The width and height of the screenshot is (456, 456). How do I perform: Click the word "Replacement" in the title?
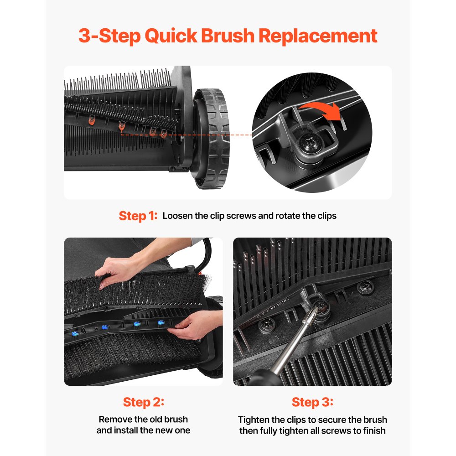coord(318,36)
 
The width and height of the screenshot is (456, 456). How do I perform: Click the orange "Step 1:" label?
coord(138,216)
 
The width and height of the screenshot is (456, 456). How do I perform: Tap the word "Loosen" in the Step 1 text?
coord(177,216)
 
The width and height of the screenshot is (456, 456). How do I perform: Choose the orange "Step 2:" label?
coord(143,402)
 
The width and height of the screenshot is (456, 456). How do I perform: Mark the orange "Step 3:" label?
coord(312,402)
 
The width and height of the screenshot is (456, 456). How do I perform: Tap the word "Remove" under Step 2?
coord(113,420)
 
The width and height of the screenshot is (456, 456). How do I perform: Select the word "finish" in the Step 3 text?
coord(373,431)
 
